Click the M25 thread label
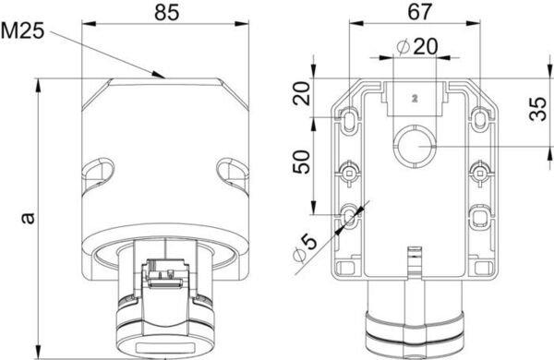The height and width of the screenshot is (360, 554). pyautogui.click(x=22, y=30)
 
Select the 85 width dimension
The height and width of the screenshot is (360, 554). pyautogui.click(x=167, y=12)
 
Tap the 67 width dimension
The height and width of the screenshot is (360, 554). pyautogui.click(x=420, y=12)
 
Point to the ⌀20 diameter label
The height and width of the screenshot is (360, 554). pyautogui.click(x=417, y=46)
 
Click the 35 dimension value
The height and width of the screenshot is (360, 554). pyautogui.click(x=539, y=109)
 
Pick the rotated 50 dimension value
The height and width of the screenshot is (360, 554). pyautogui.click(x=301, y=162)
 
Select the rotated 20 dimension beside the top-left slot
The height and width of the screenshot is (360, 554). pyautogui.click(x=301, y=93)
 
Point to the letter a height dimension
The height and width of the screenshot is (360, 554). pyautogui.click(x=28, y=219)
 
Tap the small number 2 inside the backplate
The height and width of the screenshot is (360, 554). pyautogui.click(x=415, y=99)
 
